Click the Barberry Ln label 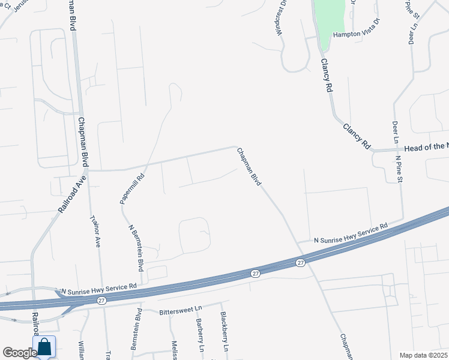tap(200, 335)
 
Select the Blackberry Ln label tap(224, 332)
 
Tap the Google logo tap(19, 352)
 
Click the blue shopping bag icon tap(44, 347)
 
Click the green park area tap(330, 21)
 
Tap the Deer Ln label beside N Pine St tap(395, 132)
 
